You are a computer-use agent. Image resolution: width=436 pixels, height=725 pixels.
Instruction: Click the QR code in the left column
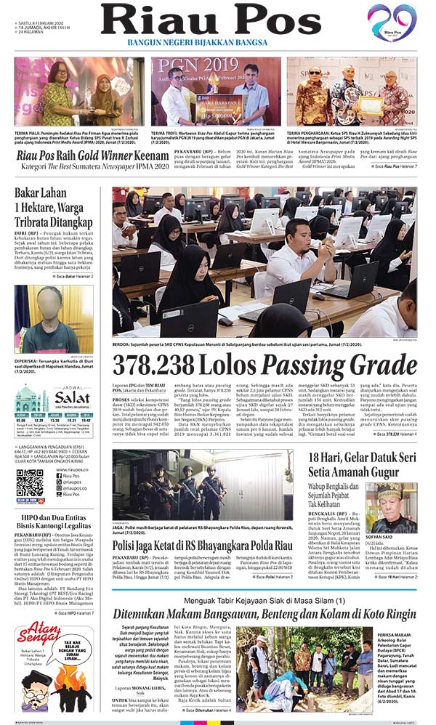(30, 482)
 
